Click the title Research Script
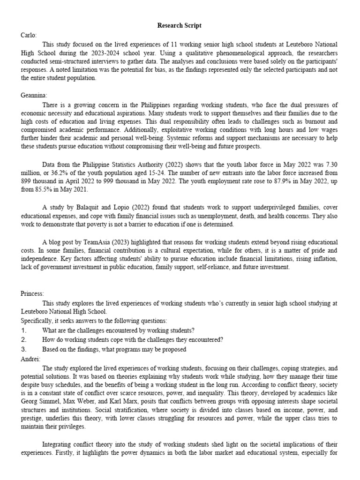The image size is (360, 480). tap(180, 25)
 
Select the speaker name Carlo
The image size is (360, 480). tap(29, 35)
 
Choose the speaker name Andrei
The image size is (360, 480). tap(30, 359)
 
